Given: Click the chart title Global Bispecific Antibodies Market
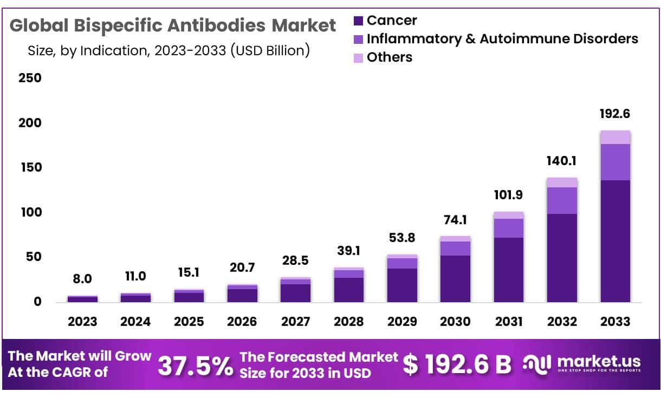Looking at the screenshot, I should point(173,25).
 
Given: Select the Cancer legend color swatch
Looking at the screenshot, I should point(358,21).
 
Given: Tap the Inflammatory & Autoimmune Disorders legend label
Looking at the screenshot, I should point(502,39).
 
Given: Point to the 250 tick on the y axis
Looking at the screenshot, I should point(30,78).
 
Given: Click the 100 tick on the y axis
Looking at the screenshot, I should point(30,212).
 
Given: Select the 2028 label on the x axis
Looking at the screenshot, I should point(348,322).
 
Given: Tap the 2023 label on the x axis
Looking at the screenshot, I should point(82,322).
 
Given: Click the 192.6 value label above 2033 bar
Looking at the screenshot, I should point(615,114).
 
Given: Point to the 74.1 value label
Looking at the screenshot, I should point(455,220).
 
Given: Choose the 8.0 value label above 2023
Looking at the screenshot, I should point(82,279).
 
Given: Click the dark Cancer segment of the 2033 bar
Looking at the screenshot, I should point(615,241).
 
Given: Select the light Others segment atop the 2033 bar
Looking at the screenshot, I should point(615,138).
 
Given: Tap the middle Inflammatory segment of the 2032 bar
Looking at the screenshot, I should point(562,200).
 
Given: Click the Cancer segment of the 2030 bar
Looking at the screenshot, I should point(455,278).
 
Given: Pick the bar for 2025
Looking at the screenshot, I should point(189,296).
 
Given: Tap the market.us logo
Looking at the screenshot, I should point(582,363).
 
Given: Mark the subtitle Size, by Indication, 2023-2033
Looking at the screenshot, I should point(169,51).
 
